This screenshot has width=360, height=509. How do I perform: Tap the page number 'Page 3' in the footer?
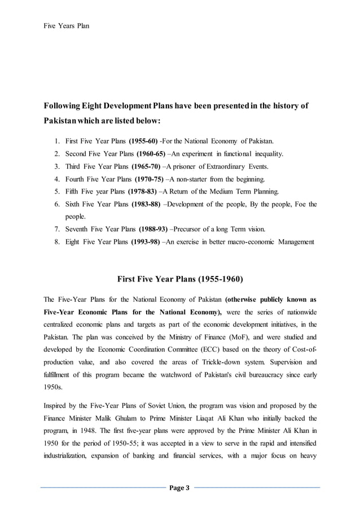tap(179, 487)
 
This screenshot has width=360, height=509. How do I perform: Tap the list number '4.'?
tap(57, 179)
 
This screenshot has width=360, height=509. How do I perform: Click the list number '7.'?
tap(57, 230)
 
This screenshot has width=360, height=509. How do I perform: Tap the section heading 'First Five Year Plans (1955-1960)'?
tap(179, 279)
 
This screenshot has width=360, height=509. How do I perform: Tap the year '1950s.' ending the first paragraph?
tap(54, 388)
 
